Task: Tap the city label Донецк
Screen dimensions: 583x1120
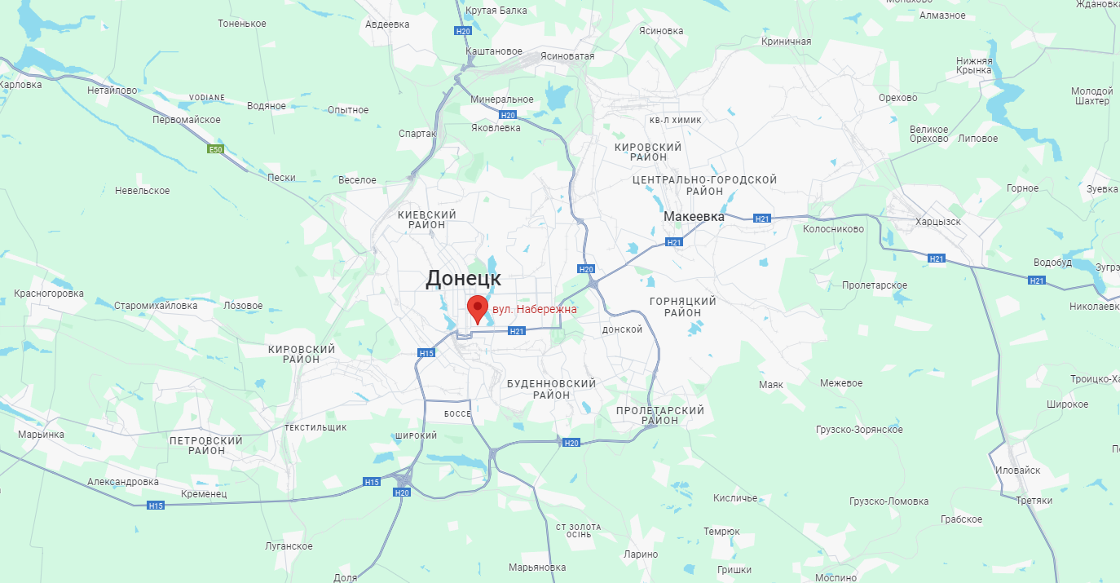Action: click(463, 278)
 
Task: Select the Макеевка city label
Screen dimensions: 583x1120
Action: click(694, 217)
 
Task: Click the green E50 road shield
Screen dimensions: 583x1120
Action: click(215, 149)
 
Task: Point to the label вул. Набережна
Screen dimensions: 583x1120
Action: click(534, 310)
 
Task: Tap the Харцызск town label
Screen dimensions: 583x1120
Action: click(938, 221)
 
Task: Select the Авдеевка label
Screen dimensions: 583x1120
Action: click(387, 24)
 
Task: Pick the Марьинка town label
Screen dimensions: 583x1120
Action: click(41, 434)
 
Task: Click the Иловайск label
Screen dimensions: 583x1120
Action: click(1018, 470)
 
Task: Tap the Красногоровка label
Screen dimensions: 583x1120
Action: click(49, 294)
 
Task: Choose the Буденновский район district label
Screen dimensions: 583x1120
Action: click(551, 389)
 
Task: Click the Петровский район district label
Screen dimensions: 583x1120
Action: click(205, 445)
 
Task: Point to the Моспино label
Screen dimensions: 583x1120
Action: click(836, 577)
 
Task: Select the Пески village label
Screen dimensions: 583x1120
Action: click(281, 177)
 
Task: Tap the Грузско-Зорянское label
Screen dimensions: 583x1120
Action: click(859, 430)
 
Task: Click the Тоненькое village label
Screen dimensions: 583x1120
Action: click(242, 24)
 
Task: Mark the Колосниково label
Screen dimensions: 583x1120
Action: click(833, 229)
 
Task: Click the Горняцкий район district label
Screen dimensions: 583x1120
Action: click(682, 307)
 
